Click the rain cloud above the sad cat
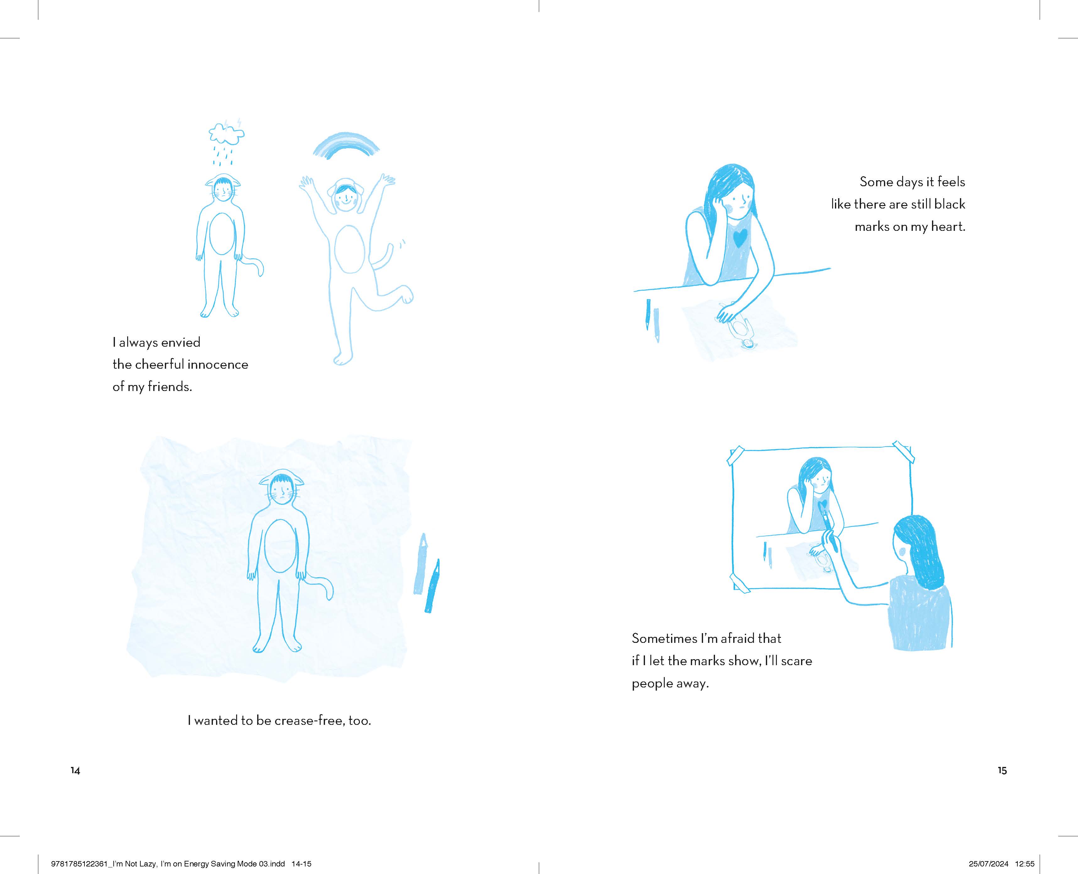click(x=226, y=133)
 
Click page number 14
click(x=75, y=770)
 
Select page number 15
click(x=1002, y=770)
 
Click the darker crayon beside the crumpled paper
click(x=432, y=585)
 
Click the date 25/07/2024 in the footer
click(x=989, y=863)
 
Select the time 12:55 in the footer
click(x=1025, y=863)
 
